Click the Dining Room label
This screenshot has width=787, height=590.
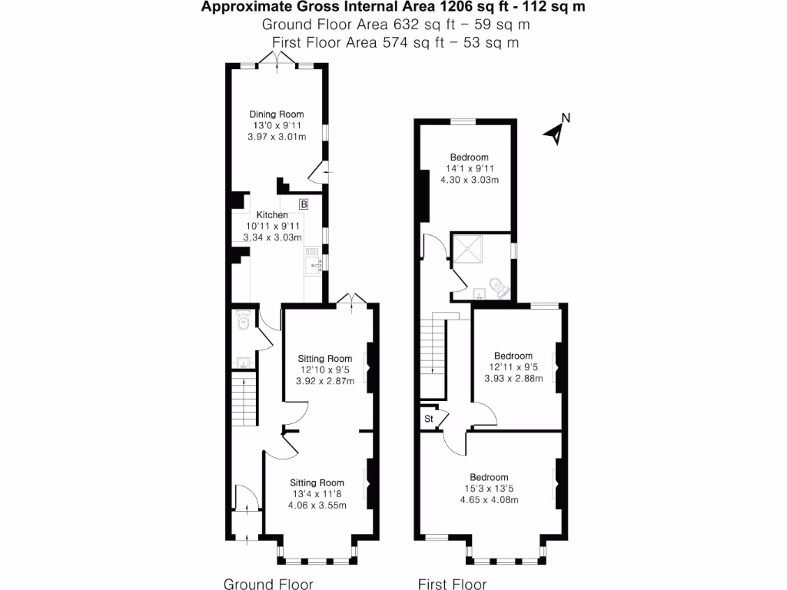click(x=275, y=114)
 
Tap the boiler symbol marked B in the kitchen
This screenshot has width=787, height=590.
click(x=304, y=204)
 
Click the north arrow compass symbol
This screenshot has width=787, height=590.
click(x=556, y=131)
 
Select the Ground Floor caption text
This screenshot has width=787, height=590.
click(x=268, y=585)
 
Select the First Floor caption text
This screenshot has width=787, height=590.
click(x=452, y=585)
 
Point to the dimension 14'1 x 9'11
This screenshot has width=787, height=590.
click(x=469, y=169)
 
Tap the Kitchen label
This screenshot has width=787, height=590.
click(x=272, y=215)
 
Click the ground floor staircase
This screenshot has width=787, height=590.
click(x=242, y=396)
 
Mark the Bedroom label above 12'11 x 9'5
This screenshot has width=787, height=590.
click(x=513, y=356)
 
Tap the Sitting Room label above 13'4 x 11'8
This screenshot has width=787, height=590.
click(x=317, y=482)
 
